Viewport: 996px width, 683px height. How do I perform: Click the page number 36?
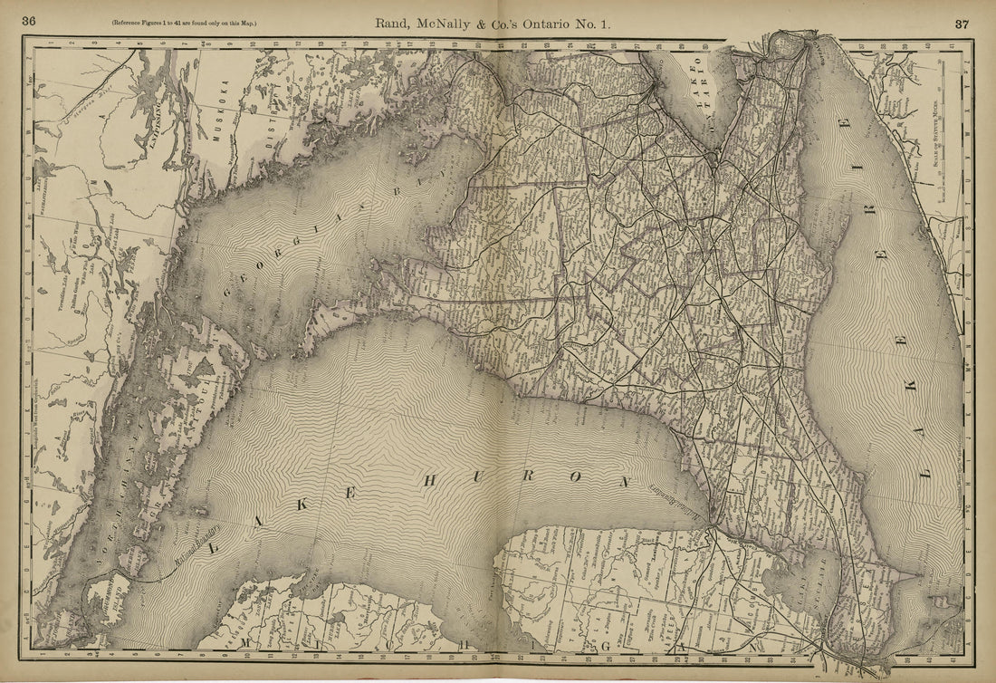(29, 22)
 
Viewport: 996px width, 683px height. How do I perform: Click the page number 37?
(961, 23)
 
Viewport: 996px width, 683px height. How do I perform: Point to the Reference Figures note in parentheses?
(184, 23)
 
